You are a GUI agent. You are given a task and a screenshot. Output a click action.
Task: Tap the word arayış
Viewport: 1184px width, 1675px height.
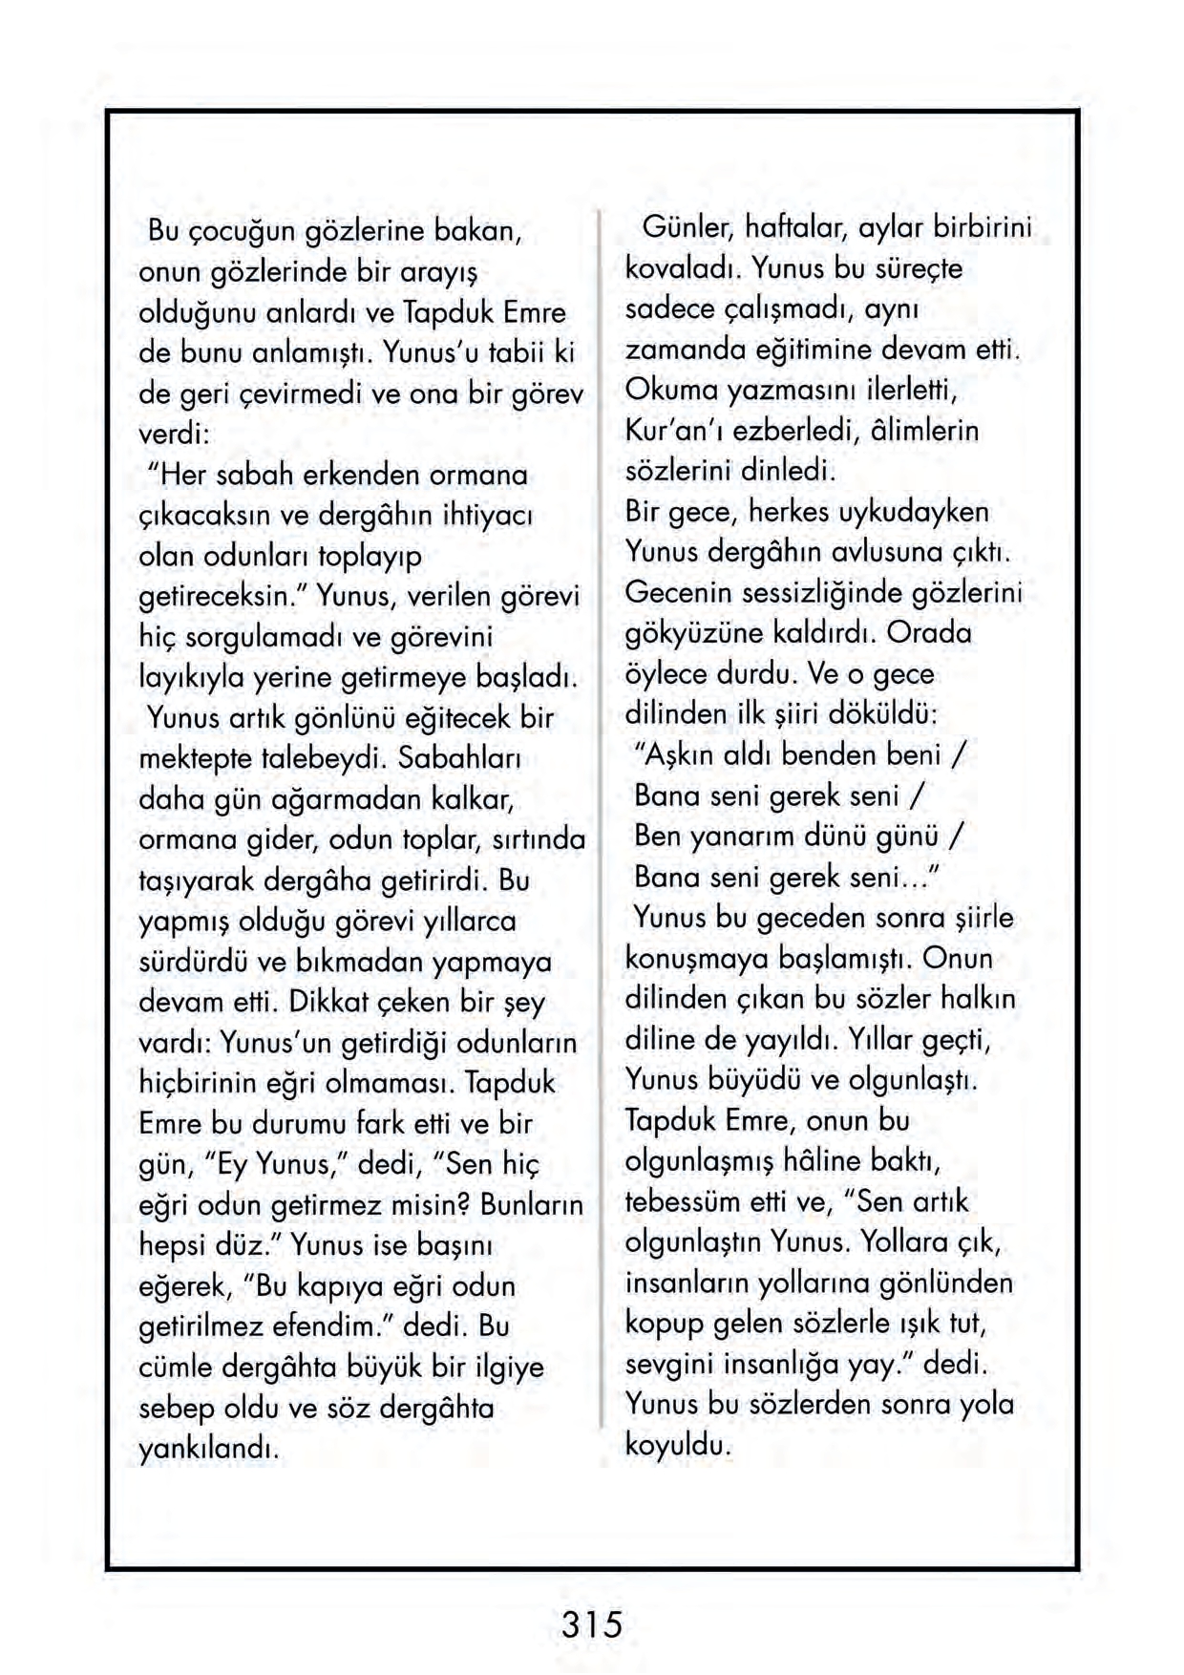433,273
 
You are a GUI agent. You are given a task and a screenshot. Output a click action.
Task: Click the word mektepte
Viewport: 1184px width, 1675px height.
197,759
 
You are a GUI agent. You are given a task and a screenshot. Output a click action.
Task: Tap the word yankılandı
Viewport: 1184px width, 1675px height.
208,1450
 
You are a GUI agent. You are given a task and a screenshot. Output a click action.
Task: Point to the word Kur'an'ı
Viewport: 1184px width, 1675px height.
666,431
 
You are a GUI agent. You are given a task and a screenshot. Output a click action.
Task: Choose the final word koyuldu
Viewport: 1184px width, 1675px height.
678,1445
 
